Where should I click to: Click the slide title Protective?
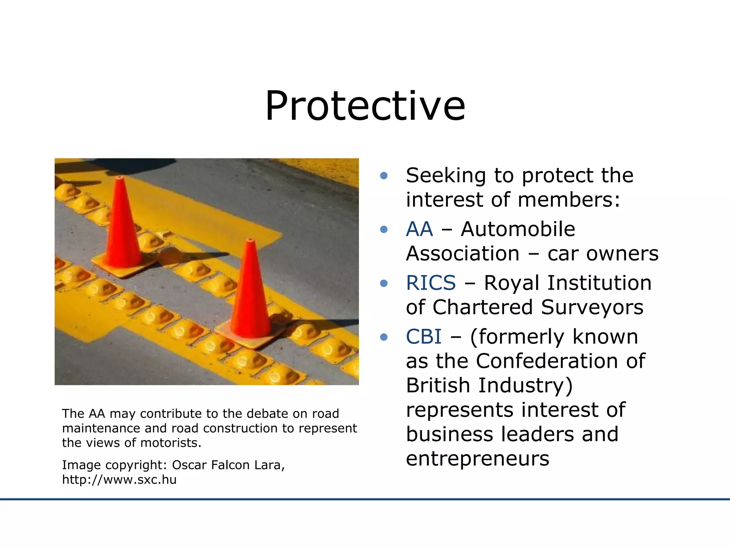(x=365, y=106)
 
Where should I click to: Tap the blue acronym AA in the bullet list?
(x=420, y=229)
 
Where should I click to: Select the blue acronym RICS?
(x=431, y=283)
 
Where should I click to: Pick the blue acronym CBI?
(x=423, y=336)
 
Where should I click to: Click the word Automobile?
(x=518, y=229)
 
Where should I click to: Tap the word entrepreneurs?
(x=478, y=458)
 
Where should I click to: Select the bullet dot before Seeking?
(x=384, y=176)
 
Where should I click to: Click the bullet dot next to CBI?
(x=384, y=337)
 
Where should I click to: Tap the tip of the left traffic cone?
(x=120, y=178)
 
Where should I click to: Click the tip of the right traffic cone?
(x=251, y=240)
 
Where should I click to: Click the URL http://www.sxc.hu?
(x=119, y=479)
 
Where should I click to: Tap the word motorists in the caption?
(x=171, y=443)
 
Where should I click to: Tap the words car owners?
(x=603, y=254)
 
